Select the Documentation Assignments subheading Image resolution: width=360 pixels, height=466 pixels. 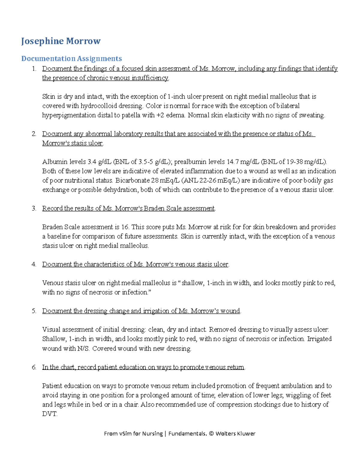pos(71,59)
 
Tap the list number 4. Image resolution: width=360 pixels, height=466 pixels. pos(34,264)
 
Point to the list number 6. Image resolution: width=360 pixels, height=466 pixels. pos(34,367)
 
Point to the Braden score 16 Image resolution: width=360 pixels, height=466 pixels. pos(125,227)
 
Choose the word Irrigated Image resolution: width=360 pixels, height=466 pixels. pos(319,339)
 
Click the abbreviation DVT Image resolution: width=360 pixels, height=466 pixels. pos(49,414)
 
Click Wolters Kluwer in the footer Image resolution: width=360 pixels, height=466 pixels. pos(235,434)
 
